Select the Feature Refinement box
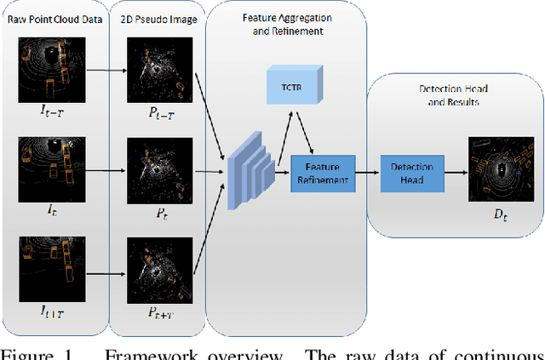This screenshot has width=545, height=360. coord(322,173)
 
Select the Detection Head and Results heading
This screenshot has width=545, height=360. coord(454,94)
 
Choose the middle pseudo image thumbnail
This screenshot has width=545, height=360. coord(156,165)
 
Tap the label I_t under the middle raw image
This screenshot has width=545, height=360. coord(53,207)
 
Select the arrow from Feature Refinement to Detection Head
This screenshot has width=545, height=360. coord(367,173)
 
